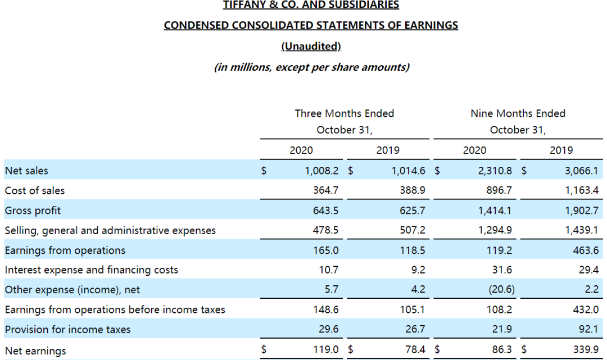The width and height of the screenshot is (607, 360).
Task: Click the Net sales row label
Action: (x=26, y=171)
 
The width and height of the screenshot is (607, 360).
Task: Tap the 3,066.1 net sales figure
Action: (x=581, y=171)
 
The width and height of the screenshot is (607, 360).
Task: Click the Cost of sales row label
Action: (x=35, y=190)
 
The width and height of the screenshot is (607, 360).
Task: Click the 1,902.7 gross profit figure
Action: (x=581, y=211)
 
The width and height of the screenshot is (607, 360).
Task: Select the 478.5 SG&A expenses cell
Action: (x=325, y=230)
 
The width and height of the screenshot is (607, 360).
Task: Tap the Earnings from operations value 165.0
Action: (x=325, y=250)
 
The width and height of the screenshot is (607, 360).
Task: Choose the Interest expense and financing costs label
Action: (x=92, y=270)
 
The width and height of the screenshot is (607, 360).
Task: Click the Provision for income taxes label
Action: (x=67, y=330)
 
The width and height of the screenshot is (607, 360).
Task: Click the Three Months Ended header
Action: (x=345, y=113)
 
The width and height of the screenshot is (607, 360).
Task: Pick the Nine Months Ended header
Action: (x=518, y=113)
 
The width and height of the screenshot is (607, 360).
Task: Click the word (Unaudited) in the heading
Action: (x=311, y=46)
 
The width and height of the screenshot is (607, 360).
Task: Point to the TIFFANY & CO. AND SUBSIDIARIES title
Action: (x=311, y=5)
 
